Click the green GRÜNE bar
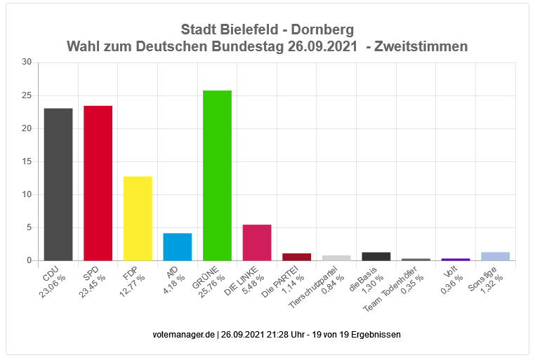coord(217,175)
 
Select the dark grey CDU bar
coord(58,185)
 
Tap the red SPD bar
coord(98,183)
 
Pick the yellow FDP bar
coord(138,218)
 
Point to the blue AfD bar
coord(178,247)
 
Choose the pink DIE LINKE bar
coord(257,243)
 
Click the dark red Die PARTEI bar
coord(296,257)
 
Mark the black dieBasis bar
coord(376,256)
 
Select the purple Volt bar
coord(455,259)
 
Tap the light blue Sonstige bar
coord(495,256)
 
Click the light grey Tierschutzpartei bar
coord(336,258)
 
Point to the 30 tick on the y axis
coord(27,62)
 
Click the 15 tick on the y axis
coord(27,161)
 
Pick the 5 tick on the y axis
coord(29,227)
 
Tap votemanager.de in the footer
coord(184,335)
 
